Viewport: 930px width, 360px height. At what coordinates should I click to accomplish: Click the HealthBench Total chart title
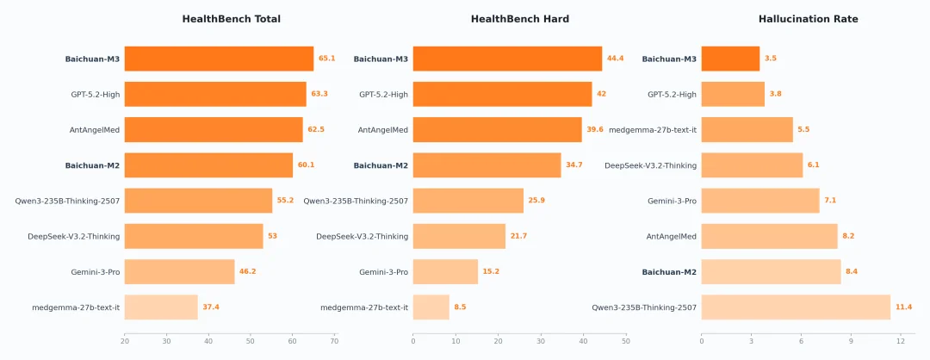click(x=231, y=19)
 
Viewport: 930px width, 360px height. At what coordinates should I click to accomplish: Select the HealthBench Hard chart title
click(x=519, y=19)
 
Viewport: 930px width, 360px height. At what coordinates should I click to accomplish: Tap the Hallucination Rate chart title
click(x=808, y=19)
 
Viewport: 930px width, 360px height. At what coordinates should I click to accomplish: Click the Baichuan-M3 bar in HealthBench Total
click(x=219, y=59)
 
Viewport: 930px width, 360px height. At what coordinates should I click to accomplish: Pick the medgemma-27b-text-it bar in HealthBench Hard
click(x=431, y=307)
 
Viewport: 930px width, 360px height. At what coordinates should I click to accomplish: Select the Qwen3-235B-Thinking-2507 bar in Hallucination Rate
click(x=796, y=307)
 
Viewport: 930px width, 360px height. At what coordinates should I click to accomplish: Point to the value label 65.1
click(x=326, y=59)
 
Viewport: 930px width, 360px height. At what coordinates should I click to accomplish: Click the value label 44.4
click(x=615, y=59)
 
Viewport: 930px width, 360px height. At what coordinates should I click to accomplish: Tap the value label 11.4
click(x=903, y=307)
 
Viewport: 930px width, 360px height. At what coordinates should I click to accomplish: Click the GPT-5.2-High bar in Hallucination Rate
click(x=733, y=94)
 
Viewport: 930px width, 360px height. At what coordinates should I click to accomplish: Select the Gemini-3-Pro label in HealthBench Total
click(x=95, y=272)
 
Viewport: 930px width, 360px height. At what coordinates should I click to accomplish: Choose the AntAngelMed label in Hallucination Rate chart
click(x=671, y=236)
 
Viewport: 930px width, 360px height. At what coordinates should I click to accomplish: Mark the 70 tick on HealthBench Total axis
click(x=334, y=341)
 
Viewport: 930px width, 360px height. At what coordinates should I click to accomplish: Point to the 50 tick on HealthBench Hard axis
click(x=625, y=341)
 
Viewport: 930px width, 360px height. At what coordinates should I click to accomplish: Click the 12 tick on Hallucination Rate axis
click(x=900, y=341)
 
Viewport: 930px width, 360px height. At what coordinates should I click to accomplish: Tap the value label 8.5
click(x=460, y=307)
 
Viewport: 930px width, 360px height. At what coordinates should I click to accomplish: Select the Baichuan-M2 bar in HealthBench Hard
click(x=487, y=165)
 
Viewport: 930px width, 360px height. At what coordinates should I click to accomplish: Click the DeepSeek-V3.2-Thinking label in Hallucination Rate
click(x=650, y=165)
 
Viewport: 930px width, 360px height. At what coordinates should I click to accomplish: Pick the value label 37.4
click(x=210, y=307)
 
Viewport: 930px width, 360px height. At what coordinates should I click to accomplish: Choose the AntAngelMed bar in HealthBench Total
click(x=214, y=129)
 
